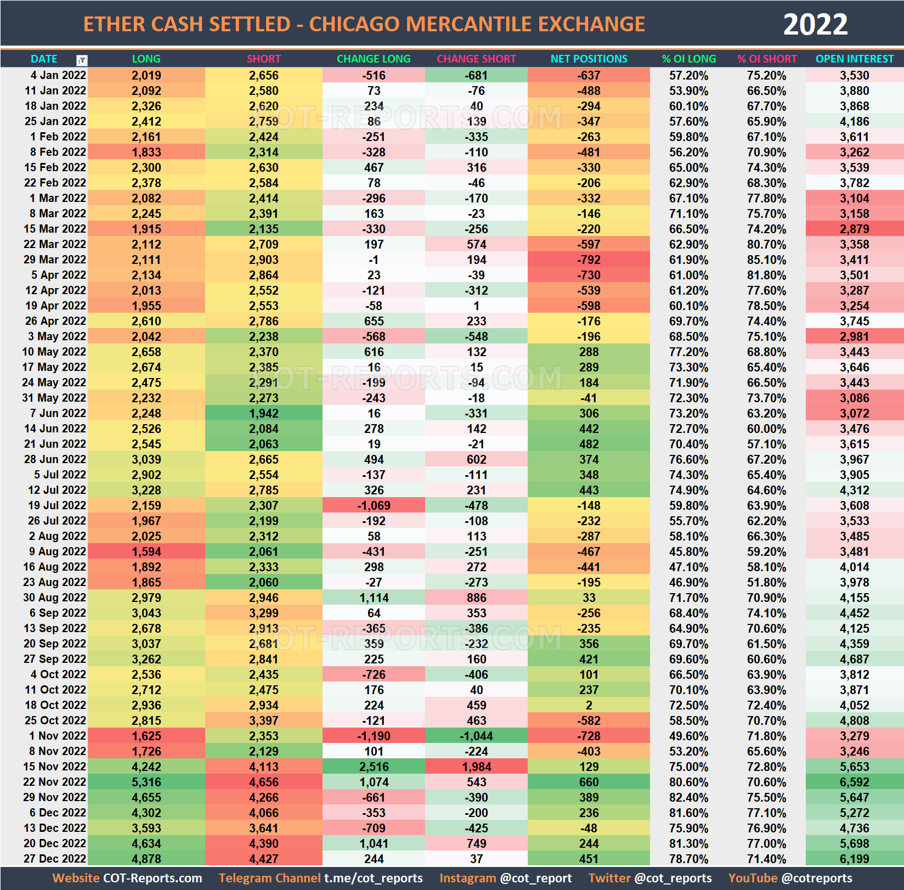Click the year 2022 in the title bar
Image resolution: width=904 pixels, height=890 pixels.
click(815, 24)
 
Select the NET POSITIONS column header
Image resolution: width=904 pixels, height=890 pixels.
click(589, 59)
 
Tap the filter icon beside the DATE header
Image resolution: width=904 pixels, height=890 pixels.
click(82, 60)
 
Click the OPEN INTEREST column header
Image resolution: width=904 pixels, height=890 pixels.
click(854, 59)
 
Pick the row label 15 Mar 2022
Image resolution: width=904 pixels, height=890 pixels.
click(55, 229)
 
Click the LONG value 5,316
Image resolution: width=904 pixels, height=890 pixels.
click(146, 782)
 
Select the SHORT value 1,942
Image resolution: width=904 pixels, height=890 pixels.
click(263, 413)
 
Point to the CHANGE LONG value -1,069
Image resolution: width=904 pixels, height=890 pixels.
click(374, 505)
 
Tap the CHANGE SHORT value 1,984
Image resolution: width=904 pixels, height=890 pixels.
click(476, 767)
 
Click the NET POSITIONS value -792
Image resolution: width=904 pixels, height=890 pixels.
click(589, 260)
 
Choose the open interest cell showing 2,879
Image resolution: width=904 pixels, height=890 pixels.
click(854, 229)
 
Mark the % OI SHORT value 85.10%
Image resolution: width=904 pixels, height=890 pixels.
click(766, 260)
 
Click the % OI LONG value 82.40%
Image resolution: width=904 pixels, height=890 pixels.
click(688, 797)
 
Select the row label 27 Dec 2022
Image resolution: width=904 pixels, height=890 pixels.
click(55, 859)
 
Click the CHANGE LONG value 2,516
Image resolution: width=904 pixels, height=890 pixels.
click(374, 767)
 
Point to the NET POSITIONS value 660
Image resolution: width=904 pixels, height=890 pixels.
click(589, 782)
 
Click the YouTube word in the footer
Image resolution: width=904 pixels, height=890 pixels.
click(753, 878)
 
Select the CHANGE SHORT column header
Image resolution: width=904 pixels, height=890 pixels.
click(476, 59)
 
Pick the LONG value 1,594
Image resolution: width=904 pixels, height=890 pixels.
click(146, 551)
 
